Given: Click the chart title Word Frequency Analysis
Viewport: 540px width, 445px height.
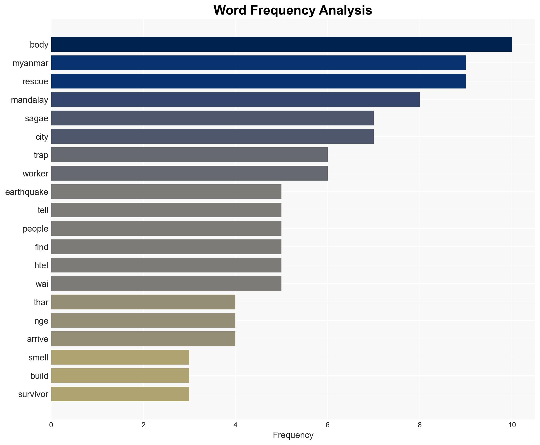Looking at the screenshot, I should pos(293,10).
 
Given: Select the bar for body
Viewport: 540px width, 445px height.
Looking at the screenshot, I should pos(281,44).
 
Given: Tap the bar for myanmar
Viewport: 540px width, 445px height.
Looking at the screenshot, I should pos(258,63).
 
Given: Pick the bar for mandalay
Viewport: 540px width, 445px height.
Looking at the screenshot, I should pos(235,100).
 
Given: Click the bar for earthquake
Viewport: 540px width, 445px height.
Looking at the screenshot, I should pos(166,192).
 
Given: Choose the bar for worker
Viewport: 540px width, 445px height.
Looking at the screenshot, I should pos(189,173).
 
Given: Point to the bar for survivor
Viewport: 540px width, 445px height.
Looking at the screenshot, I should pos(120,394).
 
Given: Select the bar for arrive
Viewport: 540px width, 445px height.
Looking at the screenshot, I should pos(143,339).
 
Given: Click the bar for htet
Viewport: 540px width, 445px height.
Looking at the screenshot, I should pos(166,265).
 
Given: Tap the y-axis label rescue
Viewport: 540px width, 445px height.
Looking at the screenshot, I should pos(35,81).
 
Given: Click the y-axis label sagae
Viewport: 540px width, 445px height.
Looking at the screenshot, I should pos(36,118).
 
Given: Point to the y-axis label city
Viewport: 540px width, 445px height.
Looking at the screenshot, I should pos(42,137).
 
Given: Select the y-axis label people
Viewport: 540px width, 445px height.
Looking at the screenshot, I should pos(35,229).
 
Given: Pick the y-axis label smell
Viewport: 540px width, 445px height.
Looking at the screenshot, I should pos(38,358).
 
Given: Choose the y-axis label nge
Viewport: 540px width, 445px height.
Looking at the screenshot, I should pos(41,321).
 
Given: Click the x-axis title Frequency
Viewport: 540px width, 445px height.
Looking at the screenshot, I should pos(293,435).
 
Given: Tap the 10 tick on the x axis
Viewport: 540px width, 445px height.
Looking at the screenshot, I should pos(512,425).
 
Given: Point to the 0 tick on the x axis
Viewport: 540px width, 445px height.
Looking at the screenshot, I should pos(51,425).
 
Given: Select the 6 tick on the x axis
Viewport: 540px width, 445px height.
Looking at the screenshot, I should pos(327,425).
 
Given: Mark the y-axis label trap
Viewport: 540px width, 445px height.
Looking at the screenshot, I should pos(41,155).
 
